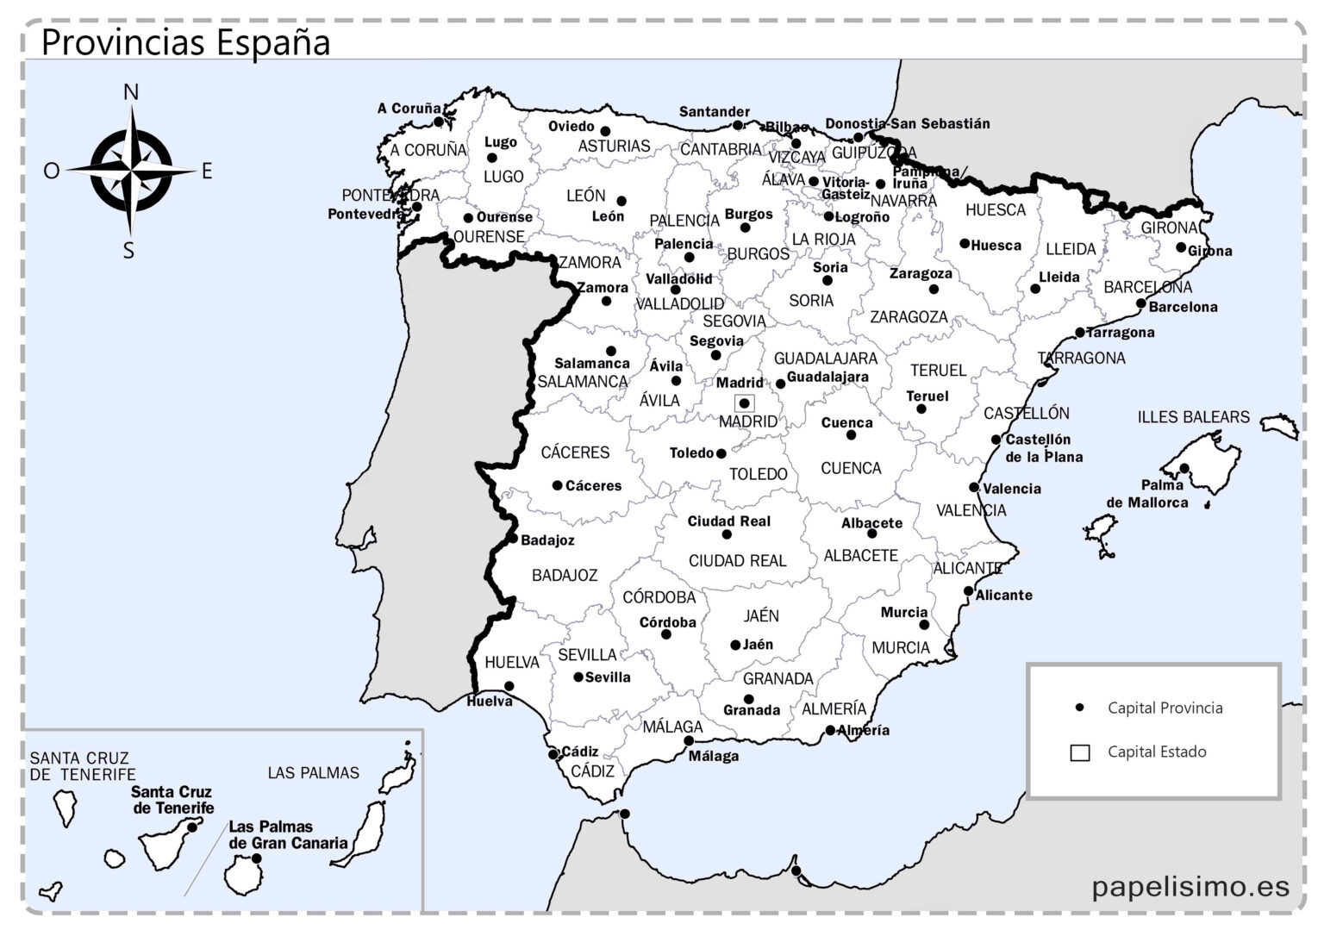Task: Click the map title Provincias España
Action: [185, 41]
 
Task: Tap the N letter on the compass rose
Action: [131, 92]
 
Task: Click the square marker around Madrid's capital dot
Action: [744, 402]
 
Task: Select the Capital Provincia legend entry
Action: [1165, 708]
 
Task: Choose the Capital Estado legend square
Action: [1079, 752]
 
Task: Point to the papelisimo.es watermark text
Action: [1190, 885]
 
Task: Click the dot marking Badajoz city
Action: [513, 540]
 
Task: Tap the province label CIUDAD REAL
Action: [737, 561]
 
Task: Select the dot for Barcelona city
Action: [1141, 303]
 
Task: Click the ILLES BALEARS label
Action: [1193, 417]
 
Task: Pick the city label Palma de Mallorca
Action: [1147, 494]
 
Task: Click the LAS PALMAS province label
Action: [313, 773]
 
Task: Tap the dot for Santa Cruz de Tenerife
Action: [191, 827]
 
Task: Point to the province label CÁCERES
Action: [575, 452]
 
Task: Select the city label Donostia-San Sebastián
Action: [908, 123]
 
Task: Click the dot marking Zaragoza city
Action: [934, 290]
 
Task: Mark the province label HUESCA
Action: [996, 209]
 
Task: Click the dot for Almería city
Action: [830, 730]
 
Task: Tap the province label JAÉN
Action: [761, 616]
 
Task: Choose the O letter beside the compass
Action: [52, 171]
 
